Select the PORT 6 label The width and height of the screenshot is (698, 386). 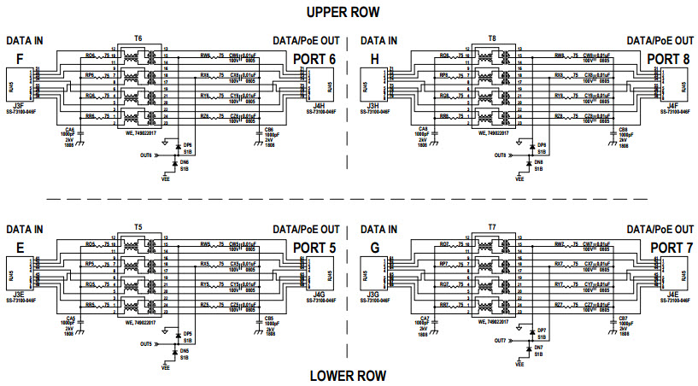pyautogui.click(x=315, y=58)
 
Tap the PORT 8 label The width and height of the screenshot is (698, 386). pyautogui.click(x=669, y=58)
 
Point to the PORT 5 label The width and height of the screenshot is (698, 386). pyautogui.click(x=315, y=248)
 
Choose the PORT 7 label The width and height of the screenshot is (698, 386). pyautogui.click(x=669, y=248)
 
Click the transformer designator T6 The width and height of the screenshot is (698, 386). pyautogui.click(x=138, y=38)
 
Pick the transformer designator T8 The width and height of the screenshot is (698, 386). pyautogui.click(x=491, y=38)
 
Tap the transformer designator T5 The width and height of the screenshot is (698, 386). pyautogui.click(x=138, y=227)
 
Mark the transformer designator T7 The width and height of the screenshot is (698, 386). pyautogui.click(x=491, y=227)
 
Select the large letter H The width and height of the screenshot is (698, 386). pyautogui.click(x=373, y=59)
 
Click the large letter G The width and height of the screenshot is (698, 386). pyautogui.click(x=373, y=249)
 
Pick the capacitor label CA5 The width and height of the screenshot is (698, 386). pyautogui.click(x=69, y=318)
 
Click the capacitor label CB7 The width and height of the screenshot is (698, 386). pyautogui.click(x=624, y=318)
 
